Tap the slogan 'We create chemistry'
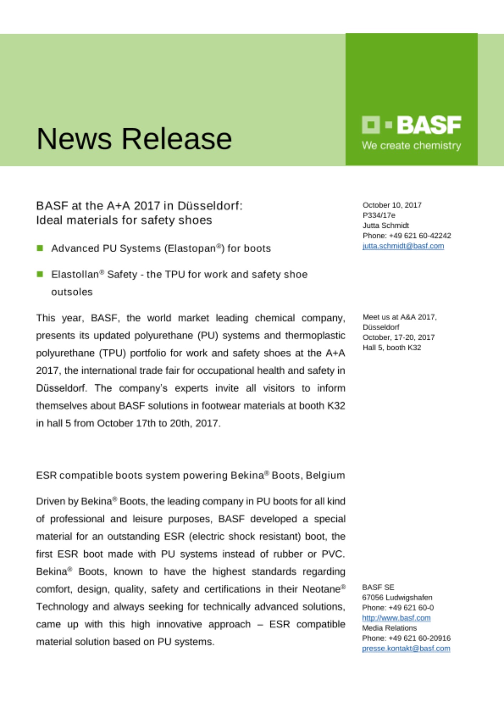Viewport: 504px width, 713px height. click(411, 145)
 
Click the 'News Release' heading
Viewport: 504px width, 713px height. click(134, 139)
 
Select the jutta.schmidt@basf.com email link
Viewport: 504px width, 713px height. click(403, 246)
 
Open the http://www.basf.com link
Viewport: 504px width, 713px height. click(396, 618)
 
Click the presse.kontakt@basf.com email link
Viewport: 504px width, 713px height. click(406, 648)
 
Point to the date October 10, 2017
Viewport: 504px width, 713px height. click(392, 205)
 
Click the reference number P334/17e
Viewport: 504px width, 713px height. click(379, 215)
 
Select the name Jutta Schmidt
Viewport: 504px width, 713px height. click(386, 225)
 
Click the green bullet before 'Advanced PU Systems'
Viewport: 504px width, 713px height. click(40, 248)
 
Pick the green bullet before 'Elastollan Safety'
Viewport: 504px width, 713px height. click(40, 274)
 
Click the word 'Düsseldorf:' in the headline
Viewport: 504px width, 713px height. click(210, 206)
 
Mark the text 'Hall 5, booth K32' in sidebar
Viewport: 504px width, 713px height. click(392, 348)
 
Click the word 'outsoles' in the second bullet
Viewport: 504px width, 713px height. click(72, 292)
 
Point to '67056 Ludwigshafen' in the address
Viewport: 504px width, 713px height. click(397, 597)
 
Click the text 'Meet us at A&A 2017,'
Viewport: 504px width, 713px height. click(400, 317)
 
